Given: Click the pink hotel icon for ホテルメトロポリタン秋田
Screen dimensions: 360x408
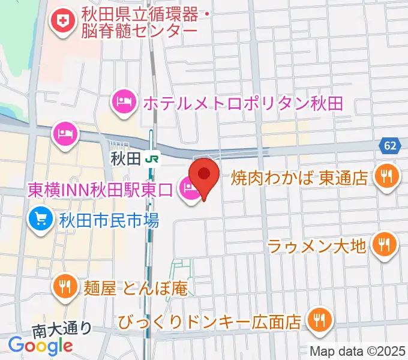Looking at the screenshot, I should pyautogui.click(x=123, y=101).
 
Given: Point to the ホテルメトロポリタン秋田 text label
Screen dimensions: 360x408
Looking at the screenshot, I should pyautogui.click(x=242, y=103).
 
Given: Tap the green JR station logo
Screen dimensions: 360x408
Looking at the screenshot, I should pyautogui.click(x=154, y=159).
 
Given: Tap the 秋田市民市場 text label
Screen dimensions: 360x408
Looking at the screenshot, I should pyautogui.click(x=108, y=221).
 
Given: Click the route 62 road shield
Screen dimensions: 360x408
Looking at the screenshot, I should pyautogui.click(x=391, y=146).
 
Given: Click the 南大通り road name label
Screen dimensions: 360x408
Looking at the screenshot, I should pyautogui.click(x=62, y=329).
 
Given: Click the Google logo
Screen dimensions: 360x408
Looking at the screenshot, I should pyautogui.click(x=41, y=345).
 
